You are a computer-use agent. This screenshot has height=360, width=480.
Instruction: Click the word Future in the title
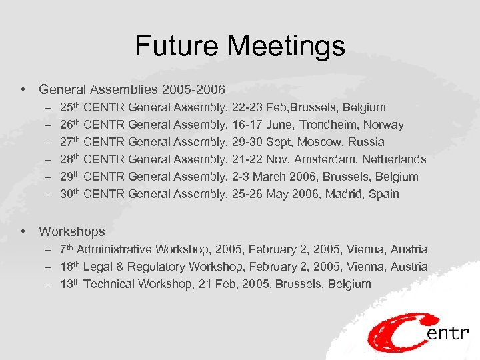[177, 46]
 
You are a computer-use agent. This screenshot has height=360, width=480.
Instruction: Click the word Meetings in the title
[286, 46]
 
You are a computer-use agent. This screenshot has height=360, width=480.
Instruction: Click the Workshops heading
[72, 231]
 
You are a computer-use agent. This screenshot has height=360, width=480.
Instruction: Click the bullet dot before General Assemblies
[23, 89]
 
